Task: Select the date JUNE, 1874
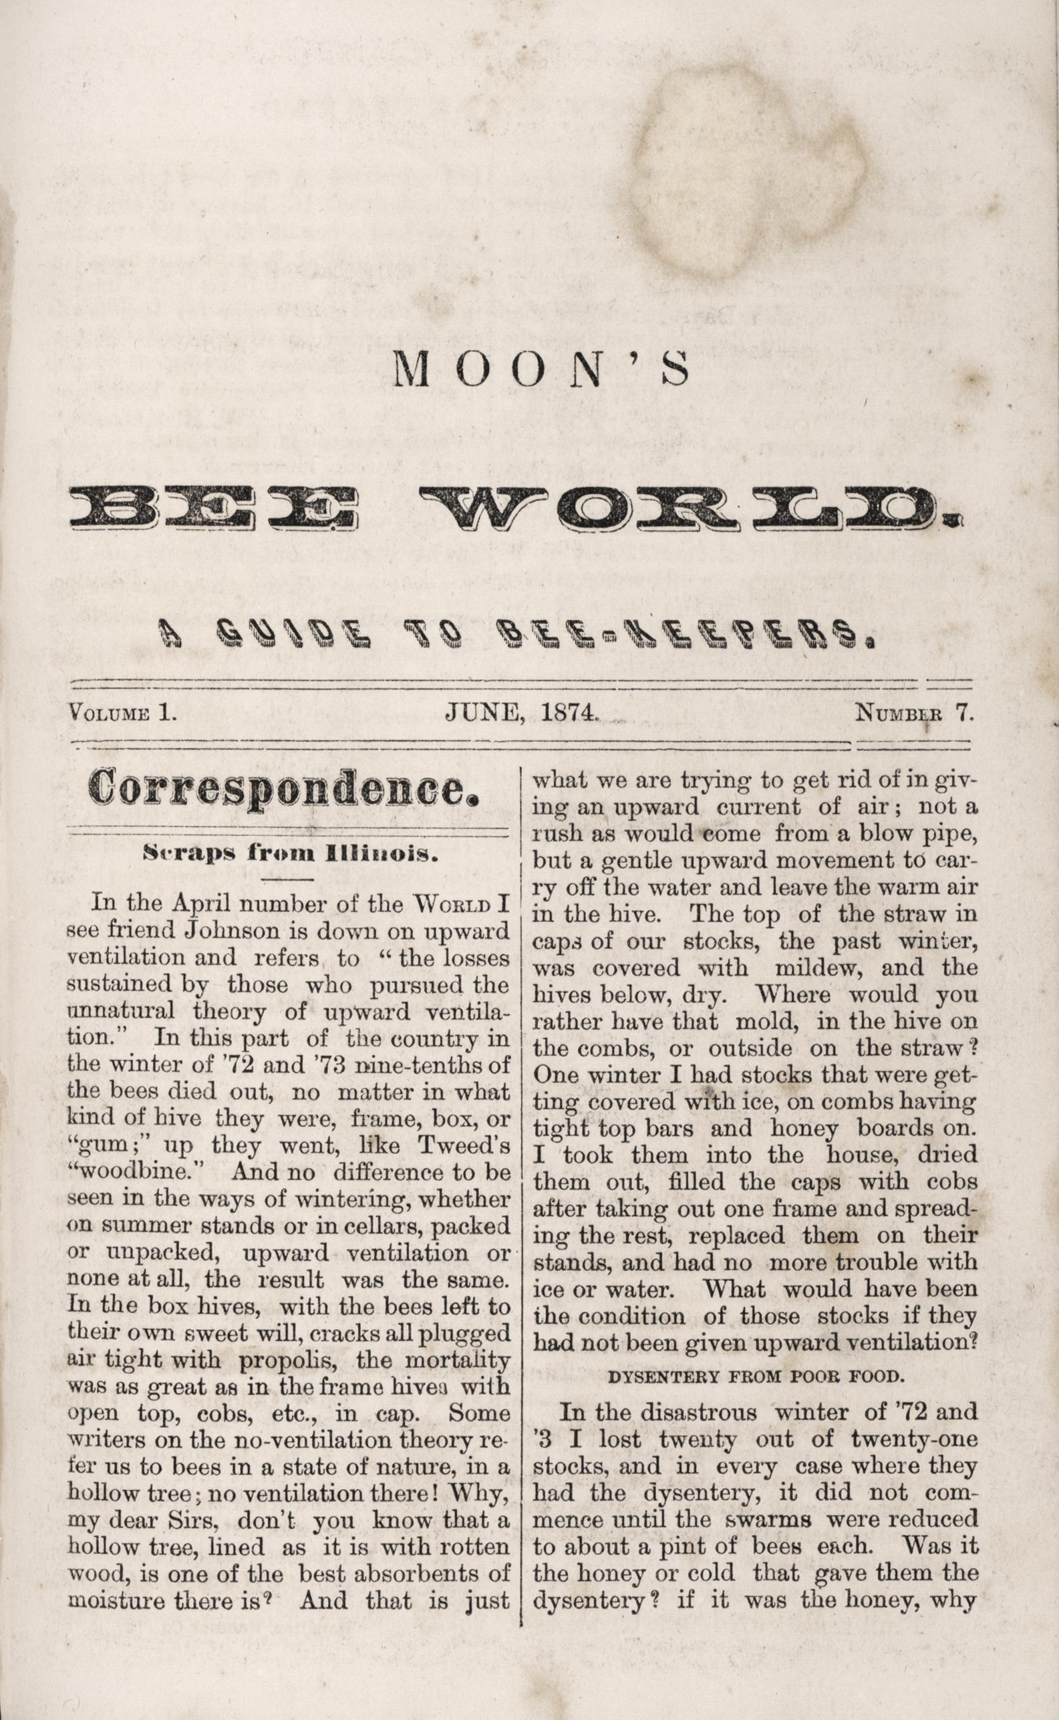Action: click(521, 712)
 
